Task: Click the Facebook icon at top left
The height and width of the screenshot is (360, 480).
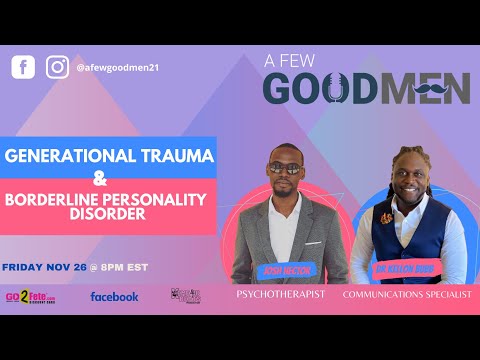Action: pyautogui.click(x=23, y=67)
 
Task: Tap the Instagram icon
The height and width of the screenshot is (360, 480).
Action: pyautogui.click(x=57, y=67)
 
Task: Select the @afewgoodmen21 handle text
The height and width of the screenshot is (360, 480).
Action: pyautogui.click(x=118, y=68)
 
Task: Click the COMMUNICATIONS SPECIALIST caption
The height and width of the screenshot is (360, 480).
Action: pyautogui.click(x=405, y=297)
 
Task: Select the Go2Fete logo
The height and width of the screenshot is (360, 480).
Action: pyautogui.click(x=30, y=296)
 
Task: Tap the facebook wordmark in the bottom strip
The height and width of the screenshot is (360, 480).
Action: pyautogui.click(x=114, y=296)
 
